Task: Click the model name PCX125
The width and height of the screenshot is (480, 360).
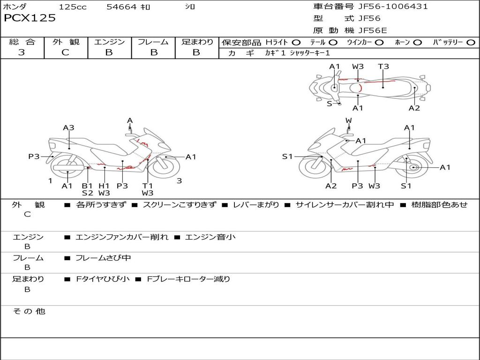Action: click(x=30, y=18)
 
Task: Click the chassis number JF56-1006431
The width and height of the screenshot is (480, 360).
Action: click(x=393, y=6)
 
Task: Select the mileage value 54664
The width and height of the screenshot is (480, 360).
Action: click(x=121, y=7)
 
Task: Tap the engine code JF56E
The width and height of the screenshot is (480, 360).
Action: click(x=373, y=30)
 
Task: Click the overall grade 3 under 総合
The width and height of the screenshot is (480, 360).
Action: click(x=22, y=52)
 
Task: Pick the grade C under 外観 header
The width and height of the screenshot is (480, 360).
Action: click(x=66, y=52)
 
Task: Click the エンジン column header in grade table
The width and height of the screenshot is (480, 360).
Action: click(x=109, y=42)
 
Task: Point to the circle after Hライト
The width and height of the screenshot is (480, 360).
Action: click(x=296, y=43)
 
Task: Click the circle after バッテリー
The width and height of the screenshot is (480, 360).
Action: click(x=471, y=43)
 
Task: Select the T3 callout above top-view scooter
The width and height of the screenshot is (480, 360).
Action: click(x=383, y=66)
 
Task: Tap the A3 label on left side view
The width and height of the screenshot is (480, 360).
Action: click(x=68, y=127)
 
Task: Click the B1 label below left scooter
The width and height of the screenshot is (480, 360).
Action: click(x=87, y=186)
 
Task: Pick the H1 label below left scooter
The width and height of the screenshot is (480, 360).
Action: click(x=104, y=186)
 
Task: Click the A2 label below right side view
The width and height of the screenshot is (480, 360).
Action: click(x=331, y=186)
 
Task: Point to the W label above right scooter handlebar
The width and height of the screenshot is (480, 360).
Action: click(x=349, y=120)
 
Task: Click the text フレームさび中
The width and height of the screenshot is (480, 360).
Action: click(x=103, y=258)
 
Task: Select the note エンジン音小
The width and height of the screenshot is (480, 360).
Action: click(x=210, y=237)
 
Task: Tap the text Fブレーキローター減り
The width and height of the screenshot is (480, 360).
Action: click(x=188, y=279)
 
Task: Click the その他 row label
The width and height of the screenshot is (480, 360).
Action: click(x=29, y=311)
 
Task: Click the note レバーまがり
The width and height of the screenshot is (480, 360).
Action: click(x=256, y=204)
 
